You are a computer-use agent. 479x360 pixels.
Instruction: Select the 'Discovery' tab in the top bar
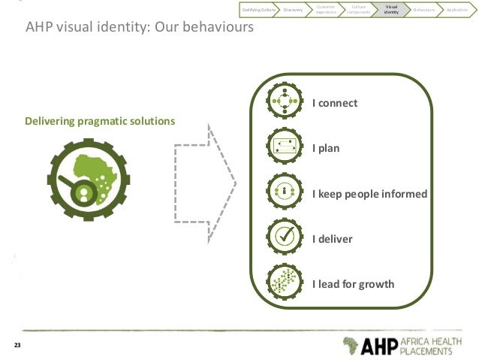(x=294, y=10)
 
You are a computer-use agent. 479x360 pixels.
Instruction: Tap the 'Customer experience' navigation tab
(x=326, y=10)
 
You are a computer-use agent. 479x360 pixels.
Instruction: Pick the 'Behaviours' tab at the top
(x=423, y=10)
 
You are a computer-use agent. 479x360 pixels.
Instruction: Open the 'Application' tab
(x=456, y=10)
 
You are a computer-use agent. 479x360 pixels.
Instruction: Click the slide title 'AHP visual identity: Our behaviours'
(x=140, y=28)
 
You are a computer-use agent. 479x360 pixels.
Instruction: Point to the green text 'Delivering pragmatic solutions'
(x=100, y=121)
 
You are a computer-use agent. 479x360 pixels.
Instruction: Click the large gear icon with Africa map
(x=89, y=179)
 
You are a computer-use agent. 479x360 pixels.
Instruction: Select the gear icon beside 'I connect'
(x=285, y=103)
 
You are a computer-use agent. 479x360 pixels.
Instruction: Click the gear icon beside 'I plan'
(x=285, y=148)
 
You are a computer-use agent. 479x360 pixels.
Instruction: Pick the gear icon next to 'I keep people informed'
(x=285, y=193)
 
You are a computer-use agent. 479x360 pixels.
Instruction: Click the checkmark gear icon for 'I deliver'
(x=285, y=238)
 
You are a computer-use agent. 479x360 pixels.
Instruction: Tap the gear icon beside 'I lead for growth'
(x=285, y=283)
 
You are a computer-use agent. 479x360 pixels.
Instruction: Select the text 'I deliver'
(x=332, y=239)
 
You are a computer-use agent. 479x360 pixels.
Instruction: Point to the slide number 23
(x=17, y=346)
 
